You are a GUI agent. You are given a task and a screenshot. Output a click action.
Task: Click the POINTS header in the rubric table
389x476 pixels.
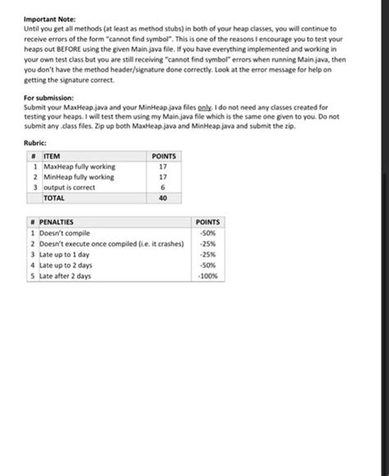coord(163,156)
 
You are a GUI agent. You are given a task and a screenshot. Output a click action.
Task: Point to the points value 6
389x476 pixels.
coord(163,187)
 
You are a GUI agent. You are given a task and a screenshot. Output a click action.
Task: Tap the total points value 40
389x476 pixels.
coord(163,198)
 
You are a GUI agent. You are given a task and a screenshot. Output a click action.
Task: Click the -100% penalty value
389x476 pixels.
coord(208,277)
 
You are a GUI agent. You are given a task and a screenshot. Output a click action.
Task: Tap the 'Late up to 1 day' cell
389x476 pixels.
coord(64,254)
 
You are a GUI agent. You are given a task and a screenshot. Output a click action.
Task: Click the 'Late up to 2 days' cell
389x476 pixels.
coord(65,266)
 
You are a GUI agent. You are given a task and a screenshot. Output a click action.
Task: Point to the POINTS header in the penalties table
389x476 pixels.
coord(208,222)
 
